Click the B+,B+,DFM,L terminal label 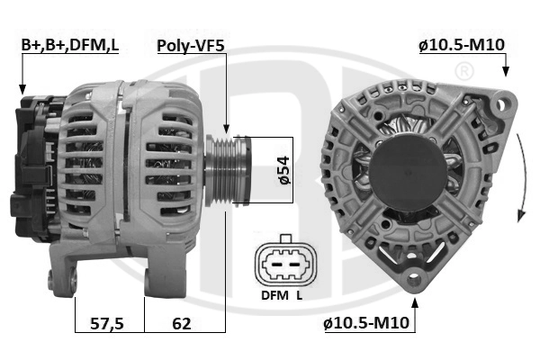70,45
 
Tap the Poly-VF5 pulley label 191,46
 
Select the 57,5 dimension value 107,323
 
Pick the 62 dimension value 182,323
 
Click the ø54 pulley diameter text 284,170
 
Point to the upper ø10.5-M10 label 462,45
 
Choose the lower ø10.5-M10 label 366,323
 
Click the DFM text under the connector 274,295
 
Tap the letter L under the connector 300,295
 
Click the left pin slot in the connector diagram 276,265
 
